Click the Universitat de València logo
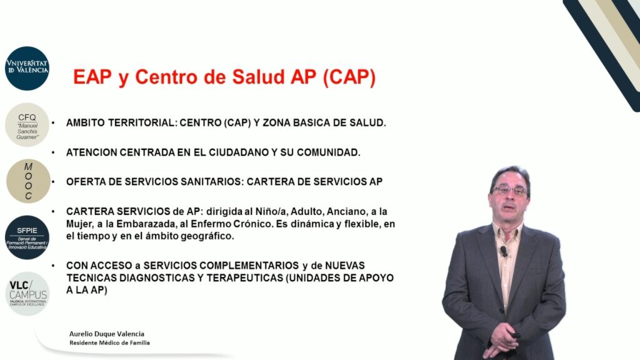[x=27, y=68]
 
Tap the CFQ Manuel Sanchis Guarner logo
[x=27, y=125]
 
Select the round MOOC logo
[x=28, y=181]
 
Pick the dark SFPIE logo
[x=27, y=237]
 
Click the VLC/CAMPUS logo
[x=27, y=294]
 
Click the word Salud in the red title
[x=258, y=77]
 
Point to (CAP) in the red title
[x=349, y=77]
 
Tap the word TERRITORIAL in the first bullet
[x=141, y=123]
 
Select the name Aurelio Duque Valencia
[x=106, y=334]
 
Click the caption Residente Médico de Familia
[x=109, y=343]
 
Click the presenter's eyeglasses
[x=510, y=191]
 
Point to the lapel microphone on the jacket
[x=504, y=251]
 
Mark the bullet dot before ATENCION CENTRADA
[x=53, y=152]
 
